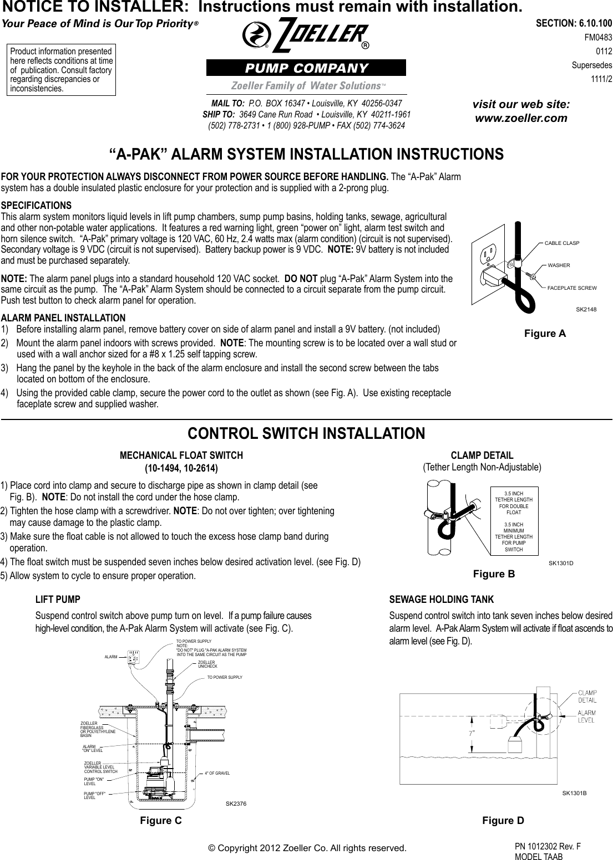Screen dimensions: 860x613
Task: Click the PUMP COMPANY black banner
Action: point(306,68)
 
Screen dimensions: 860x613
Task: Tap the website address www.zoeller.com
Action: point(520,118)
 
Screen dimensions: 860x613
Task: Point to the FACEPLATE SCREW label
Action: point(571,288)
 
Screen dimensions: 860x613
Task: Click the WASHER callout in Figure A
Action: point(559,265)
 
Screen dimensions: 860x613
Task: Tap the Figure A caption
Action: point(545,333)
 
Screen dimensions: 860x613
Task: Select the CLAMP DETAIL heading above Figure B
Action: point(482,455)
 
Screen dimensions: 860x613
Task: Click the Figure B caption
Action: point(494,574)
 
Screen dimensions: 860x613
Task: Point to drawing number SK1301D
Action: point(560,563)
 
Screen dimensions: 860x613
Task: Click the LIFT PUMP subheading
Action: point(58,600)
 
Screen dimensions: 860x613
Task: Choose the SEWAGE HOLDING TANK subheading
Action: point(442,600)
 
